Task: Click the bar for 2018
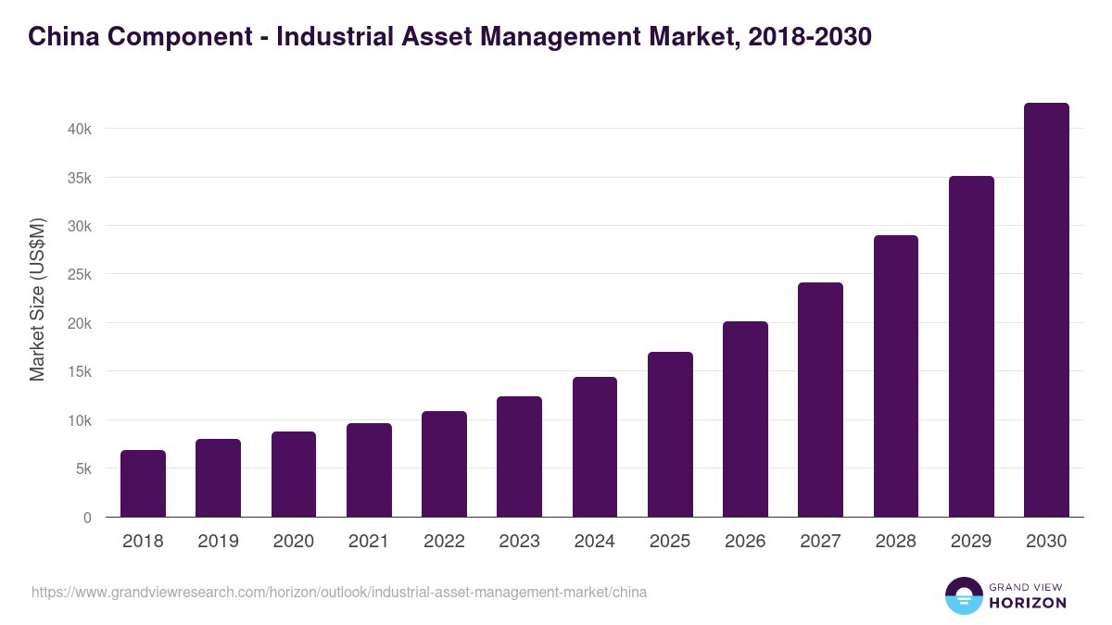tap(143, 483)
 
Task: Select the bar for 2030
tap(1046, 310)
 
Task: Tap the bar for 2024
tap(595, 447)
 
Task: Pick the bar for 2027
tap(820, 400)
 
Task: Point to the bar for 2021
tap(369, 470)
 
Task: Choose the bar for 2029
tap(971, 346)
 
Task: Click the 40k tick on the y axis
tap(80, 129)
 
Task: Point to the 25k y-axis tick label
tap(80, 275)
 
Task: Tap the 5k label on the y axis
tap(83, 469)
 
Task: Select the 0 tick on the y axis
tap(87, 518)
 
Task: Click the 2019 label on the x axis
tap(218, 542)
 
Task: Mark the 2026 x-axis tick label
tap(745, 542)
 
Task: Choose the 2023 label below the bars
tap(519, 542)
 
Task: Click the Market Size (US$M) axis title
tap(37, 299)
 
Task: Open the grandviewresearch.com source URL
tap(339, 593)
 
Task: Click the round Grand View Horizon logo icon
tap(963, 595)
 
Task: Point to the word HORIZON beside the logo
tap(1027, 603)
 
